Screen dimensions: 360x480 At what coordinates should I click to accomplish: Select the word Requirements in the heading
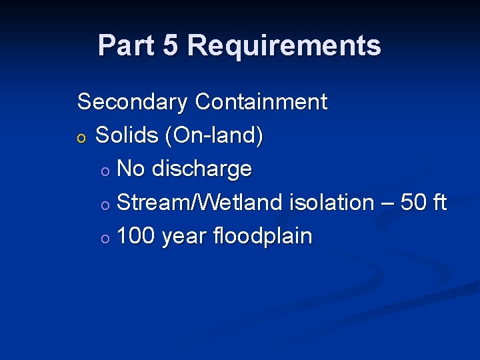click(284, 45)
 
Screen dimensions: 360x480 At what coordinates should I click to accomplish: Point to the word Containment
click(261, 102)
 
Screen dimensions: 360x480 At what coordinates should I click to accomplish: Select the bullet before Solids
click(81, 137)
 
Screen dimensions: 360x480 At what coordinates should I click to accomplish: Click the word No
click(131, 169)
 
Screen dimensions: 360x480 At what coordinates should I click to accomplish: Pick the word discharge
click(201, 169)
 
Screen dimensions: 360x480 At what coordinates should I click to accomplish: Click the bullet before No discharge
click(105, 171)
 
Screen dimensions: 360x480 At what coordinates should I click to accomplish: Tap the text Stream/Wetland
click(199, 202)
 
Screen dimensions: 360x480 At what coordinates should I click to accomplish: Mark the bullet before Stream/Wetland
click(105, 205)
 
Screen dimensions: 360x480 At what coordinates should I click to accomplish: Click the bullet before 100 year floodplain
click(105, 238)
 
